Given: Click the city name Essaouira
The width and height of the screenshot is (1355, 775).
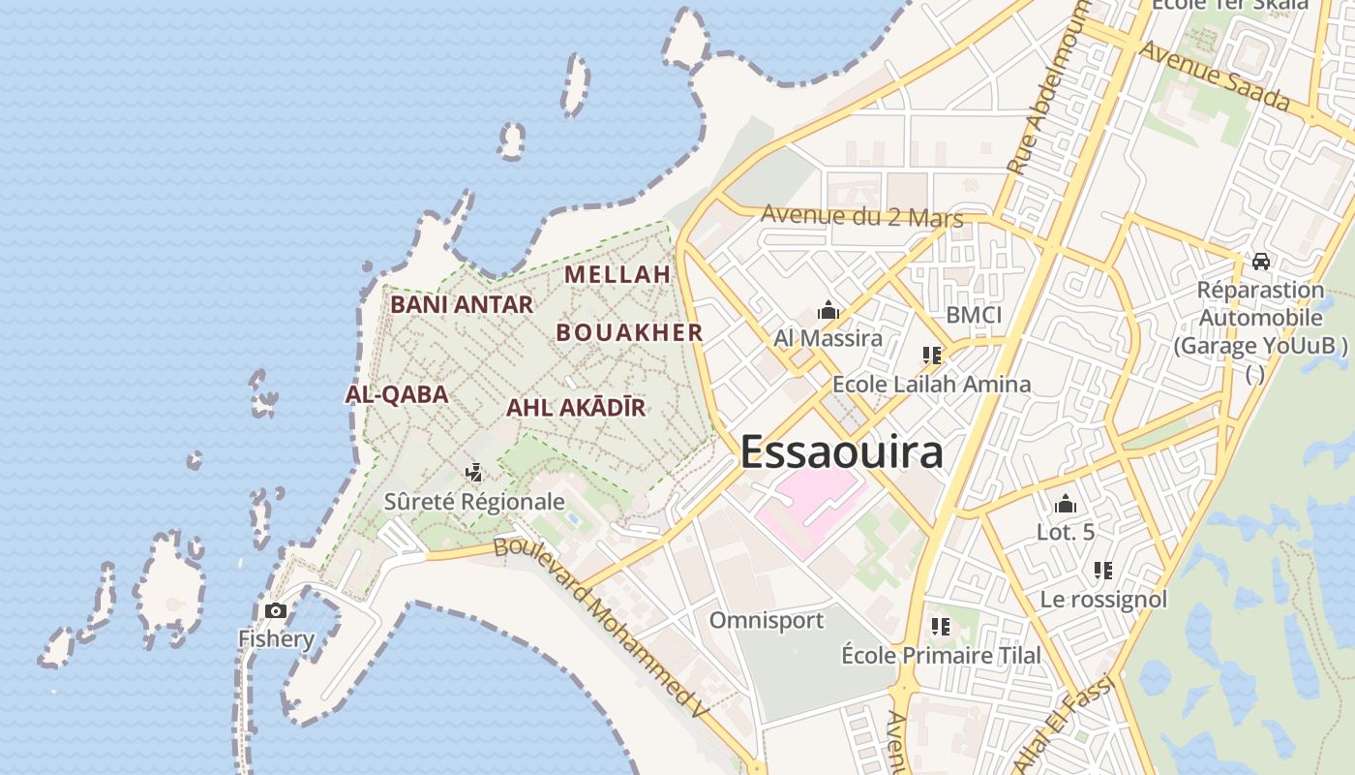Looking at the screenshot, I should click(x=841, y=452).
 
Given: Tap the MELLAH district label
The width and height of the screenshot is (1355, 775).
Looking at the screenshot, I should click(x=617, y=275).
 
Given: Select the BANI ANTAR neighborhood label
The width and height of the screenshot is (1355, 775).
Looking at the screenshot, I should click(x=462, y=305).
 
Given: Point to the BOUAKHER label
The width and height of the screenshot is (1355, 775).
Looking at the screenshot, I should click(x=629, y=332).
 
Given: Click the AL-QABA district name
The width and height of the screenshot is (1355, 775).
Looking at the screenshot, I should click(x=397, y=394).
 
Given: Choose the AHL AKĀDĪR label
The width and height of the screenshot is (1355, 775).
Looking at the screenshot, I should click(x=576, y=408).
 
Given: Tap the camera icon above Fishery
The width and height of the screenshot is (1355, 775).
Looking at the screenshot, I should click(x=276, y=610).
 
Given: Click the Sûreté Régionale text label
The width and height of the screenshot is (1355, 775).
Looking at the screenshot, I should click(x=474, y=502).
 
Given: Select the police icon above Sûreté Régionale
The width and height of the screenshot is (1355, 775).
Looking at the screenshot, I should click(x=474, y=473).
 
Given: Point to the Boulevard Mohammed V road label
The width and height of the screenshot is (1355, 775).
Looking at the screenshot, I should click(x=601, y=629).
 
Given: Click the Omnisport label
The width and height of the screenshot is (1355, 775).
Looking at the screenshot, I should click(x=767, y=620).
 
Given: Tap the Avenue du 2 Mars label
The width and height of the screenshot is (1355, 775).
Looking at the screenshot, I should click(x=862, y=215).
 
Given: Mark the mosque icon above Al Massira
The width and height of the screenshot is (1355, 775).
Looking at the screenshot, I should click(x=828, y=311).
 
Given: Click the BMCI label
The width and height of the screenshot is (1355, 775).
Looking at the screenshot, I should click(x=974, y=315).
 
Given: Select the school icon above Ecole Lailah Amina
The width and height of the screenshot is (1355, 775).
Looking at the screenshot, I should click(x=932, y=356).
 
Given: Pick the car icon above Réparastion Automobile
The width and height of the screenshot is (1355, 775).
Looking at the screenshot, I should click(x=1260, y=262).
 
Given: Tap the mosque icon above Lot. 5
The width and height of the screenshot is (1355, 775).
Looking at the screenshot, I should click(x=1066, y=504).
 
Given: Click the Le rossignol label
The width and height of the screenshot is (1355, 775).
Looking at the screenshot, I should click(x=1103, y=600).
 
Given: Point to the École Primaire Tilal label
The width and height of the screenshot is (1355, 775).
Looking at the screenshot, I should click(x=942, y=656).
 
